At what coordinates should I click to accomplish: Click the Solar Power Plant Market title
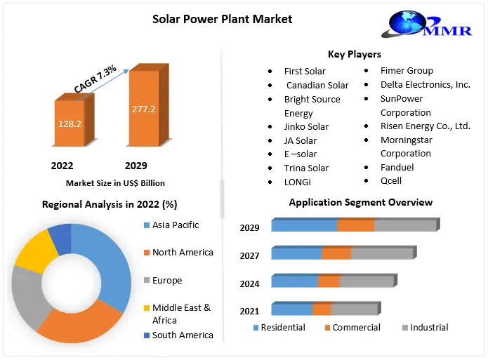223,18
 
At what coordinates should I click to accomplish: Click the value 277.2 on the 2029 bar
143,109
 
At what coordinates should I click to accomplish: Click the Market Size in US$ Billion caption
115,183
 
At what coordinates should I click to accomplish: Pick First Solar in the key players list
305,71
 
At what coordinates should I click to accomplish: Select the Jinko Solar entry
306,127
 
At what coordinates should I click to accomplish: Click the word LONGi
297,182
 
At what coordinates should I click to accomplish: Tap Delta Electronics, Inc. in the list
425,84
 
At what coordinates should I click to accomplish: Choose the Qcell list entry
391,181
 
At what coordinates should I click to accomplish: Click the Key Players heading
354,54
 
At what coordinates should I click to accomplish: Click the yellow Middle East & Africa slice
34,249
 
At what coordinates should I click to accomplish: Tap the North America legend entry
183,253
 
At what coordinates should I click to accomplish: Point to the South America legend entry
183,335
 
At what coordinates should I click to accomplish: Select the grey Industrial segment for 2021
354,309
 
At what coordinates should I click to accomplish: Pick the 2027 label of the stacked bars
249,256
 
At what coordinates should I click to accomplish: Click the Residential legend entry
283,328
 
